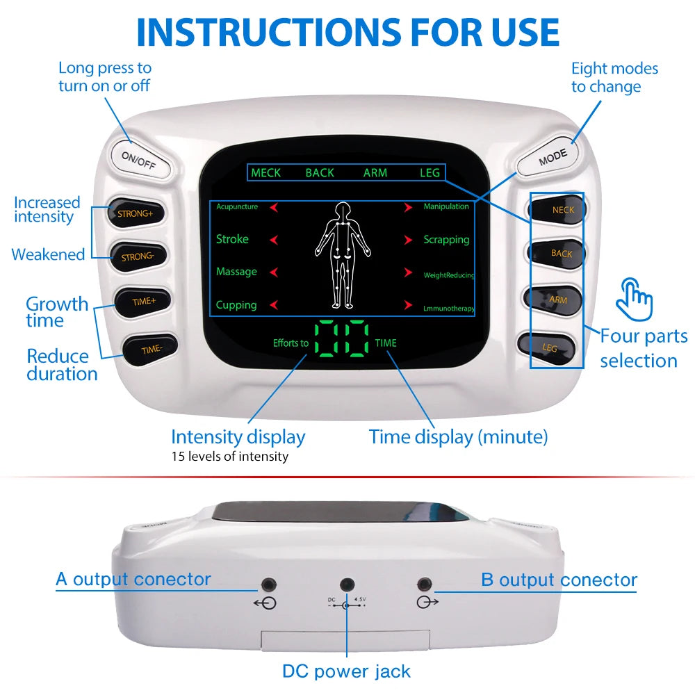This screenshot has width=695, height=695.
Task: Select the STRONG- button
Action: (137, 256)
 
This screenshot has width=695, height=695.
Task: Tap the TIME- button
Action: (151, 349)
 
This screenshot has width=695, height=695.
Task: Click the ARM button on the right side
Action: (556, 300)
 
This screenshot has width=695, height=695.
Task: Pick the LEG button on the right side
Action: (548, 346)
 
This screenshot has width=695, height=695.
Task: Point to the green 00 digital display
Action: (341, 338)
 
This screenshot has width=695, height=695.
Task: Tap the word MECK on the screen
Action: (265, 172)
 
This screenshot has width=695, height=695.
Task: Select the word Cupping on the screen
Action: (236, 304)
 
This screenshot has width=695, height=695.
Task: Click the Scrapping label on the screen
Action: (446, 239)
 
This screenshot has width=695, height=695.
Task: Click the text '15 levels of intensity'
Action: (230, 457)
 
